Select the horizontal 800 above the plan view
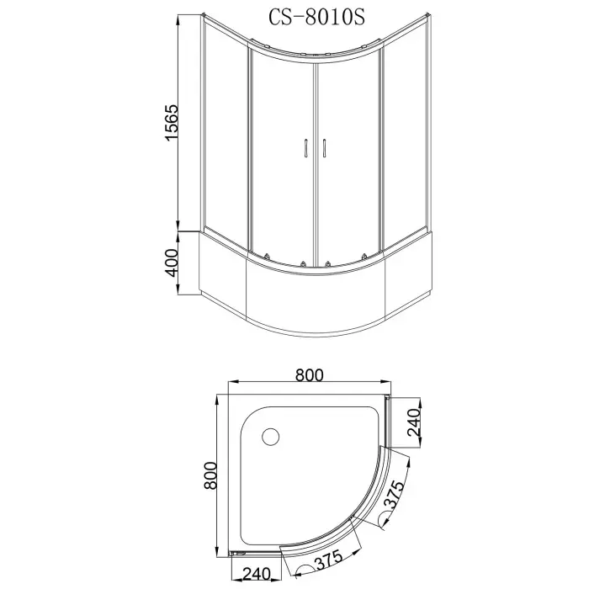click(310, 375)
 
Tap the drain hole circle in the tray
click(271, 437)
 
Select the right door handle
click(322, 147)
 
